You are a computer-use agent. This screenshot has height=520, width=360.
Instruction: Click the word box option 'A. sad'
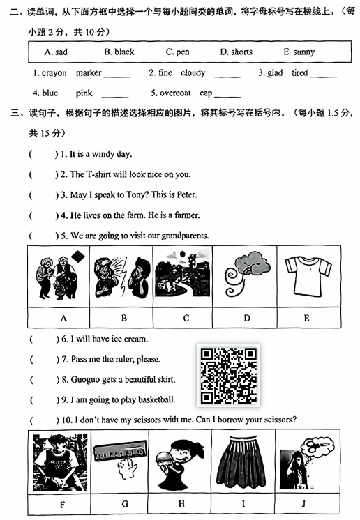click(56, 52)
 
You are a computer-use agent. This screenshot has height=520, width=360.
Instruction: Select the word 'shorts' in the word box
click(241, 52)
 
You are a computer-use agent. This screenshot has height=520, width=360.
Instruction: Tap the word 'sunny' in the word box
click(304, 52)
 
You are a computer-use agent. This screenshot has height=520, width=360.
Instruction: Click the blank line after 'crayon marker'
click(117, 77)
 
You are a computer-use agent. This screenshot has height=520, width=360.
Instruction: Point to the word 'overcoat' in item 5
click(175, 93)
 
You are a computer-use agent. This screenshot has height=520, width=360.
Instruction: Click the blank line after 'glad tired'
click(324, 77)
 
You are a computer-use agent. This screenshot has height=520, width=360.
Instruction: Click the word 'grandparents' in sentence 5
click(185, 236)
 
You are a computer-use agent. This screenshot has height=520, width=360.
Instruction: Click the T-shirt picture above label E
click(308, 276)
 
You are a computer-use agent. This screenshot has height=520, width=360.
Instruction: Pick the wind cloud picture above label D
click(247, 273)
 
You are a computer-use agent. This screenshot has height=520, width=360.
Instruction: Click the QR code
click(229, 376)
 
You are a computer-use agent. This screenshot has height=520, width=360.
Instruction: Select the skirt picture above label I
click(241, 461)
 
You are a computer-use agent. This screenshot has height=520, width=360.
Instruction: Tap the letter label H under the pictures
click(181, 504)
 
